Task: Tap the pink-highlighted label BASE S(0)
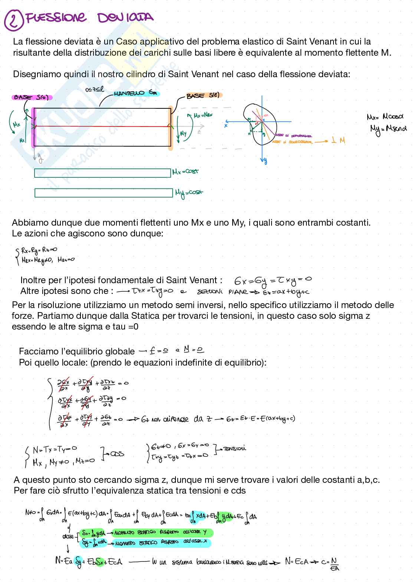coord(32,98)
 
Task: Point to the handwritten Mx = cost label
coord(186,172)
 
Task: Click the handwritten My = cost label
coord(189,193)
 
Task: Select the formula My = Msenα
coord(388,128)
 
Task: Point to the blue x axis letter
coord(226,125)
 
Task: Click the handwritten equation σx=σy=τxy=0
coord(273,279)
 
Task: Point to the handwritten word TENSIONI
coord(234,448)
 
